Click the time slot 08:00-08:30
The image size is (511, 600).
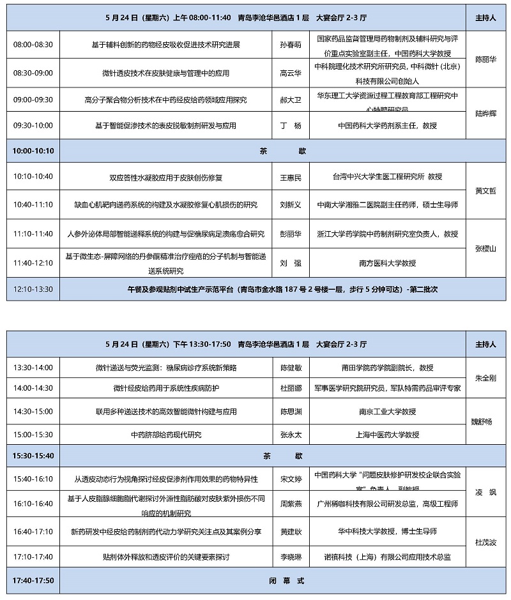33,45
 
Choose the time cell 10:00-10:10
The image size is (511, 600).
33,151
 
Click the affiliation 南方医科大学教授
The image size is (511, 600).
387,262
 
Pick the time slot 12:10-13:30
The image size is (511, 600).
33,289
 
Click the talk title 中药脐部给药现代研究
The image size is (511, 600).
165,435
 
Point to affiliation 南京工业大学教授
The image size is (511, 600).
387,412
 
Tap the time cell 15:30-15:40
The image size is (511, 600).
33,456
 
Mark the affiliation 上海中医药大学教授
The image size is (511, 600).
387,435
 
